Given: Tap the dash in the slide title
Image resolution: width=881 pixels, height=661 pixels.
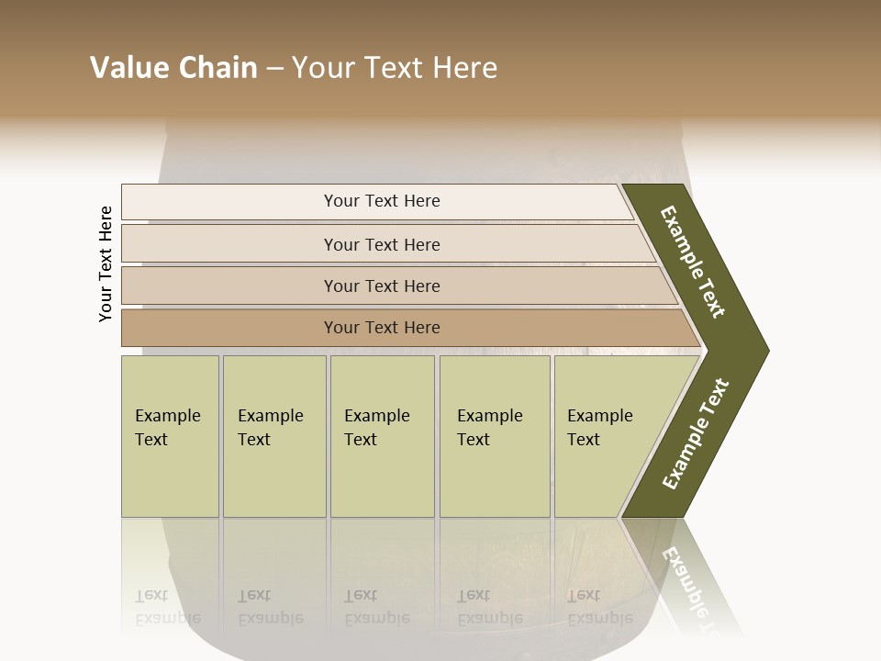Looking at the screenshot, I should (x=274, y=69).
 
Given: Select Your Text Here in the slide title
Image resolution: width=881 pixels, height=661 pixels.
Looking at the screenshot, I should (x=394, y=68).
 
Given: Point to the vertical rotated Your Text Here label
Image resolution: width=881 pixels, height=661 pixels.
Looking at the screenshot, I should (x=106, y=264).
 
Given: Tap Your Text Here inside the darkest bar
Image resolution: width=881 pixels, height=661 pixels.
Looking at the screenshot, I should (x=382, y=328).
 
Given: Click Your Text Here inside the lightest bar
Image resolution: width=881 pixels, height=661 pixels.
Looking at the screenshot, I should (x=382, y=201).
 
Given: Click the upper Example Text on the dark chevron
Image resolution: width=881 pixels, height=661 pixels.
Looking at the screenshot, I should (x=693, y=262).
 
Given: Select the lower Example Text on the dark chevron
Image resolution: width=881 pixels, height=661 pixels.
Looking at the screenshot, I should (x=696, y=434).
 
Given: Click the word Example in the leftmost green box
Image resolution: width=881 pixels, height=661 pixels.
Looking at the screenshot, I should (x=167, y=416).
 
